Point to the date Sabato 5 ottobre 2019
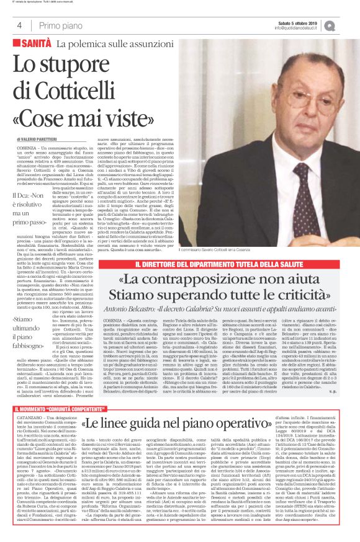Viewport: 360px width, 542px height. pyautogui.click(x=308, y=22)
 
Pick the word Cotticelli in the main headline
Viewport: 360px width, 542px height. pyautogui.click(x=81, y=91)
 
